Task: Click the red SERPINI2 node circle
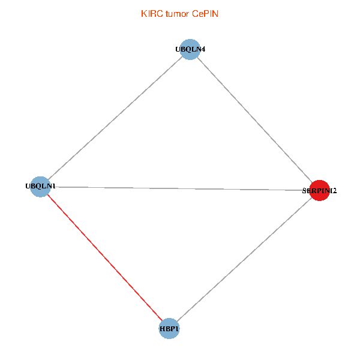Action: coord(319,190)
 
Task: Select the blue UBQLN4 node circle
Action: coord(190,49)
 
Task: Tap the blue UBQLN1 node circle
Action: coord(40,186)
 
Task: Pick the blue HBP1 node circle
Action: coord(169,328)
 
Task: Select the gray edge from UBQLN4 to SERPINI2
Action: coord(254,120)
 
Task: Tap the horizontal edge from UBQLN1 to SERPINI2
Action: coord(180,188)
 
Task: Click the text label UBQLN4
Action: coord(190,49)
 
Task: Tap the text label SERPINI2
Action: coord(319,191)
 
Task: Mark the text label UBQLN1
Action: coord(40,186)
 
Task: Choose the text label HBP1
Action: coord(169,329)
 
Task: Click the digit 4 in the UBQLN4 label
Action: coord(203,49)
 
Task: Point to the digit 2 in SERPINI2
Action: coord(334,191)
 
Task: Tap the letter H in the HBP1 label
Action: coord(162,329)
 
